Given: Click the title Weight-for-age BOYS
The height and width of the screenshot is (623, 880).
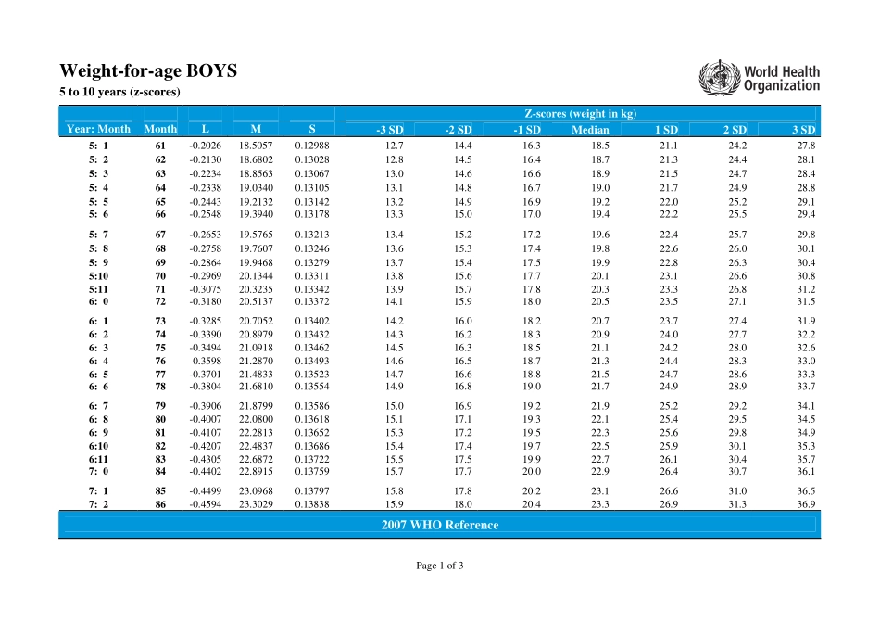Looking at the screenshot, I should pos(148,70).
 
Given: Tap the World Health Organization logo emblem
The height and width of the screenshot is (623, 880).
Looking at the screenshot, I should pos(714,77).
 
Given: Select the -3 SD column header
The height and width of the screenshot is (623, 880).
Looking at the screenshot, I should pos(389,130).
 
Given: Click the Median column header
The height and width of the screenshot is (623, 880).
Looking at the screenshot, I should pos(590,130).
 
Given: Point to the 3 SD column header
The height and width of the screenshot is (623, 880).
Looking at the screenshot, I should pos(803,130).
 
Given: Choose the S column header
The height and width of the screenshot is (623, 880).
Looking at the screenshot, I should pos(311,129).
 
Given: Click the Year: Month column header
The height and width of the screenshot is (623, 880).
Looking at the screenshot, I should pos(98,129).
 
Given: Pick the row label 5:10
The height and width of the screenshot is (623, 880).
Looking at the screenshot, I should pos(98,276).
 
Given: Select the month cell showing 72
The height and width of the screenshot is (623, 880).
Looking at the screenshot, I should pos(160,301).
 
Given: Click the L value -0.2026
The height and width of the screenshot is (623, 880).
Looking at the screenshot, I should pos(205,146).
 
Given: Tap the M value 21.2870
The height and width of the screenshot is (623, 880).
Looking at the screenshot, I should pos(256,361).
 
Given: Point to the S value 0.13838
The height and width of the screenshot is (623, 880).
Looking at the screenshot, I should pos(311,504).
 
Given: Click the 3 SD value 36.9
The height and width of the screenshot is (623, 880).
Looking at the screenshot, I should pos(806,504).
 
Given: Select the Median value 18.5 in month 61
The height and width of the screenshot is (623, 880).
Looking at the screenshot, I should pos(599,146).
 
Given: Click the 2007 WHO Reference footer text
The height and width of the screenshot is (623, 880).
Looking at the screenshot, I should pos(439,525).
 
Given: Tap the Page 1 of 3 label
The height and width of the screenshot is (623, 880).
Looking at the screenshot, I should pos(439,566).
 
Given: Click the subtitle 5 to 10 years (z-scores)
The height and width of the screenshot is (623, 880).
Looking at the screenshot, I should pos(119,92).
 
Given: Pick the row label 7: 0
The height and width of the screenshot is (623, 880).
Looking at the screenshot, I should pos(98,471).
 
